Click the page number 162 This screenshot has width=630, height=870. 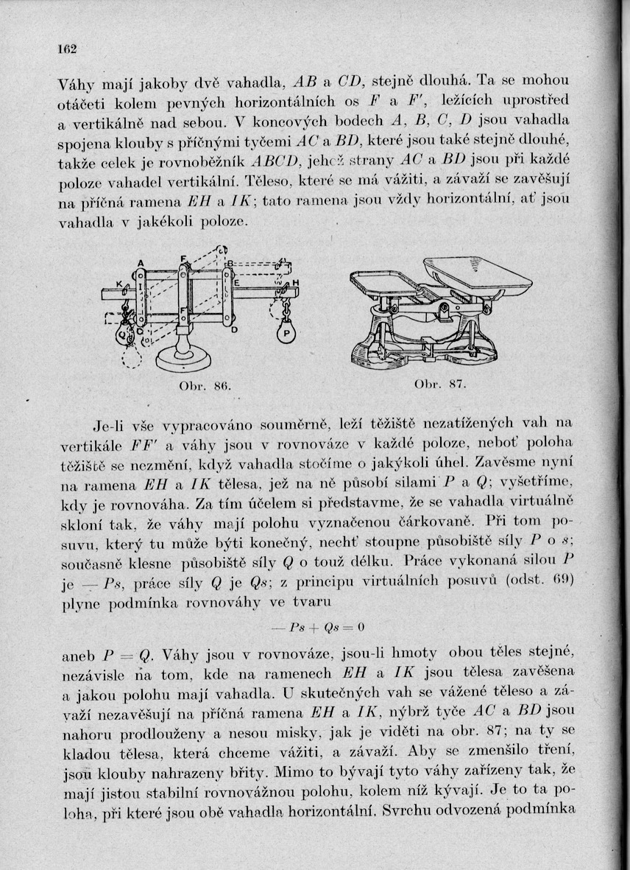(68, 49)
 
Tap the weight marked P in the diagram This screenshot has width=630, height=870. (285, 332)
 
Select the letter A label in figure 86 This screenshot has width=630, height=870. (139, 262)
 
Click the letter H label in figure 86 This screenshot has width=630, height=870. (295, 285)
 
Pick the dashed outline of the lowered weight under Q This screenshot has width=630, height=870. (131, 357)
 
